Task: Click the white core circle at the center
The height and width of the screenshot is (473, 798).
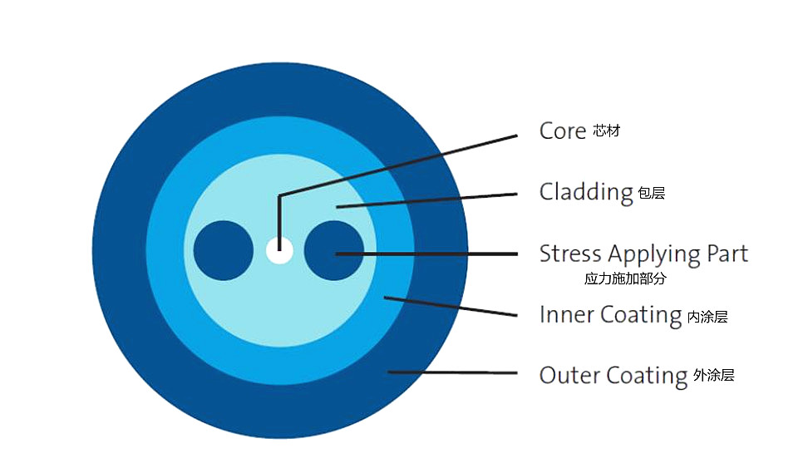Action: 279,250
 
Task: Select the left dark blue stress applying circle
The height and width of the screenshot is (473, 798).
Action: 224,250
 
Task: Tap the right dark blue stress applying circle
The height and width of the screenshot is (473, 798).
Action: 334,250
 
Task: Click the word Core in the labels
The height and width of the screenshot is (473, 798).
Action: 563,131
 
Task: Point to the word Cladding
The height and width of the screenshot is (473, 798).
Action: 586,194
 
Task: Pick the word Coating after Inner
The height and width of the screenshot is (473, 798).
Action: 641,316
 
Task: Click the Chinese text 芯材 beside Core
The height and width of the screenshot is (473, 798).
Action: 607,131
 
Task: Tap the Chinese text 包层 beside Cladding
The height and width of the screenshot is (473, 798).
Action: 652,193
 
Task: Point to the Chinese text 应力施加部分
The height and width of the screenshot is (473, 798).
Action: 625,278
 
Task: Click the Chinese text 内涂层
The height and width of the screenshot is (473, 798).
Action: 707,317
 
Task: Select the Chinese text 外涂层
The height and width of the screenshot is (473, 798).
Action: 713,375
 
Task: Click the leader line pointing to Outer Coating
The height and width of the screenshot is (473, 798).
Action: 452,372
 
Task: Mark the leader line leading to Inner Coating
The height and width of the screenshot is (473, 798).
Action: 451,307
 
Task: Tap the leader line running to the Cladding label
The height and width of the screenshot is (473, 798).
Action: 426,200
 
